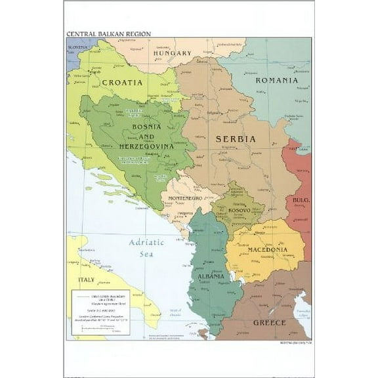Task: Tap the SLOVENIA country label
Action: point(77,48)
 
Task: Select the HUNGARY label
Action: point(172,53)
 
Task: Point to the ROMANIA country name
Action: point(276,80)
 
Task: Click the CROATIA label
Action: point(122,83)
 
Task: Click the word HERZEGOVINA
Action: point(146,146)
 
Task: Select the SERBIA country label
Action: point(236,139)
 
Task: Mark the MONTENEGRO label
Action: point(188,198)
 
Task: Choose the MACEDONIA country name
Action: point(267,249)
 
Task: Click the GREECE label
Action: point(270,323)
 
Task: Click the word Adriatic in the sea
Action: point(146,241)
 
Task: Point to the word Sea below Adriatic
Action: point(146,253)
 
